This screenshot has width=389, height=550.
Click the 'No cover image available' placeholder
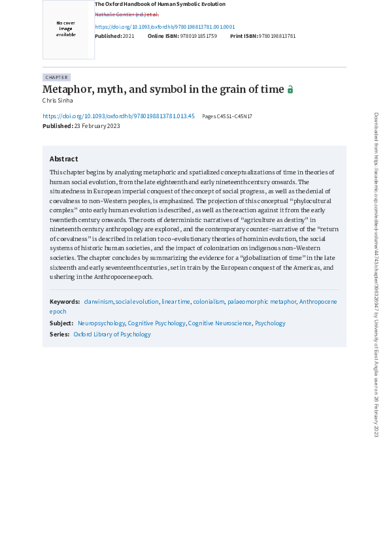(65, 29)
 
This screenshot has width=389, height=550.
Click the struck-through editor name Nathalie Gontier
(127, 14)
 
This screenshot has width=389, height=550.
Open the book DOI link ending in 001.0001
(165, 27)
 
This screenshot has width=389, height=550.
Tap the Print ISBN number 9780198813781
(277, 36)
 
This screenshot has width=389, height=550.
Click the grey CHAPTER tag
(56, 77)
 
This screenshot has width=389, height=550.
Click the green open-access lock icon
(290, 89)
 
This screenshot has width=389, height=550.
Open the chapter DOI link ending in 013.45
(118, 116)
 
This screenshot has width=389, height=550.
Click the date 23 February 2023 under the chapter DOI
(97, 126)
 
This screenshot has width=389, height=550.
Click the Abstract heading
(63, 159)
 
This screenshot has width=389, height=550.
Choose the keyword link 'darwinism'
(98, 301)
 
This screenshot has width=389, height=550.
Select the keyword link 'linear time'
(176, 301)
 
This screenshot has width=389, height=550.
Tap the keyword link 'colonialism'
(209, 301)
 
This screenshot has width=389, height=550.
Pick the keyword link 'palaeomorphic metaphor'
(262, 301)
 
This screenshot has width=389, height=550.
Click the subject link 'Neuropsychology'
(101, 323)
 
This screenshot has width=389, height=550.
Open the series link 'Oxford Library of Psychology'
(112, 334)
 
